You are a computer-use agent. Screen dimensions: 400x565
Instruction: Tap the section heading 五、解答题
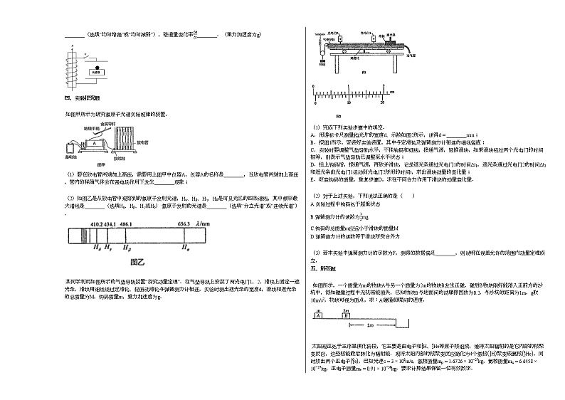click(x=317, y=269)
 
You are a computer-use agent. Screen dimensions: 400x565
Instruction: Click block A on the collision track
click(x=319, y=315)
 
